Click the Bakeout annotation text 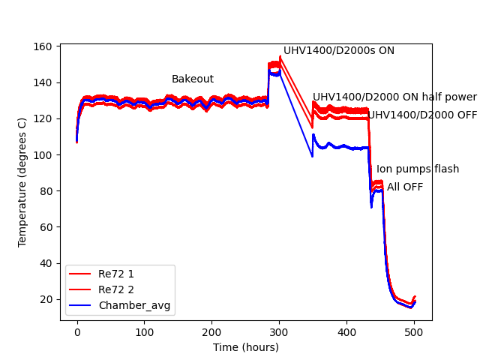pyautogui.click(x=192, y=79)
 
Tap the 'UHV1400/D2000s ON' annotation pyautogui.click(x=338, y=51)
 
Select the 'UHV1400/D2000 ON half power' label pyautogui.click(x=394, y=97)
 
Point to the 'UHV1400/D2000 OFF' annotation pyautogui.click(x=422, y=115)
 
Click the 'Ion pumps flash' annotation pyautogui.click(x=417, y=169)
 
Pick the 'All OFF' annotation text pyautogui.click(x=405, y=187)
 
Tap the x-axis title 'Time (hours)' pyautogui.click(x=245, y=347)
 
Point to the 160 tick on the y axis pyautogui.click(x=44, y=46)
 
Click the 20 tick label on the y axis pyautogui.click(x=47, y=299)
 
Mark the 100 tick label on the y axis pyautogui.click(x=44, y=155)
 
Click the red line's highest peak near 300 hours pyautogui.click(x=280, y=55)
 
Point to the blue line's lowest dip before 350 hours pyautogui.click(x=312, y=157)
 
